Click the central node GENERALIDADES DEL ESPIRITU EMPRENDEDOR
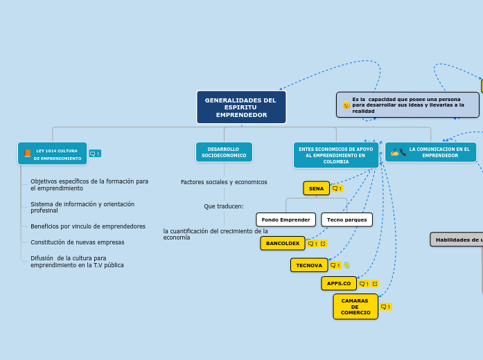point(240,107)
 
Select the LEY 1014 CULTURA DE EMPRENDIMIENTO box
point(53,154)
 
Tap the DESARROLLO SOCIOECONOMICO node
point(224,152)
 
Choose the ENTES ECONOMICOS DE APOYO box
point(335,155)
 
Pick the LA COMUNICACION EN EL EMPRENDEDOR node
point(431,152)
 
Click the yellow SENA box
point(316,188)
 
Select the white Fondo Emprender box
point(286,219)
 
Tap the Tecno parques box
point(346,219)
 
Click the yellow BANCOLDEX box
point(282,243)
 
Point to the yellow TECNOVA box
point(308,265)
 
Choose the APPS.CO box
point(338,283)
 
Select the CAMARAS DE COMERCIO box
point(355,307)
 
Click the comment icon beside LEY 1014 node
point(95,154)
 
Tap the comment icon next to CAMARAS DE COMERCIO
point(385,307)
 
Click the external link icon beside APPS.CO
point(375,283)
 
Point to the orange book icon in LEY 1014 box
point(28,154)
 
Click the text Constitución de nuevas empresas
point(78,242)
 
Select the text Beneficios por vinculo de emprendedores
point(88,226)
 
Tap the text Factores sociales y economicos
point(224,182)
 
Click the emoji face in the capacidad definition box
point(346,105)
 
